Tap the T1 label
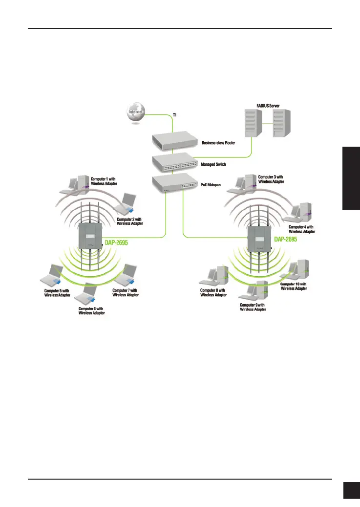point(175,115)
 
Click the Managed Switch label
point(213,164)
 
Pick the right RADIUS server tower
point(282,125)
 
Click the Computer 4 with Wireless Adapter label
point(302,229)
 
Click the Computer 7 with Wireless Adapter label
point(125,292)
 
